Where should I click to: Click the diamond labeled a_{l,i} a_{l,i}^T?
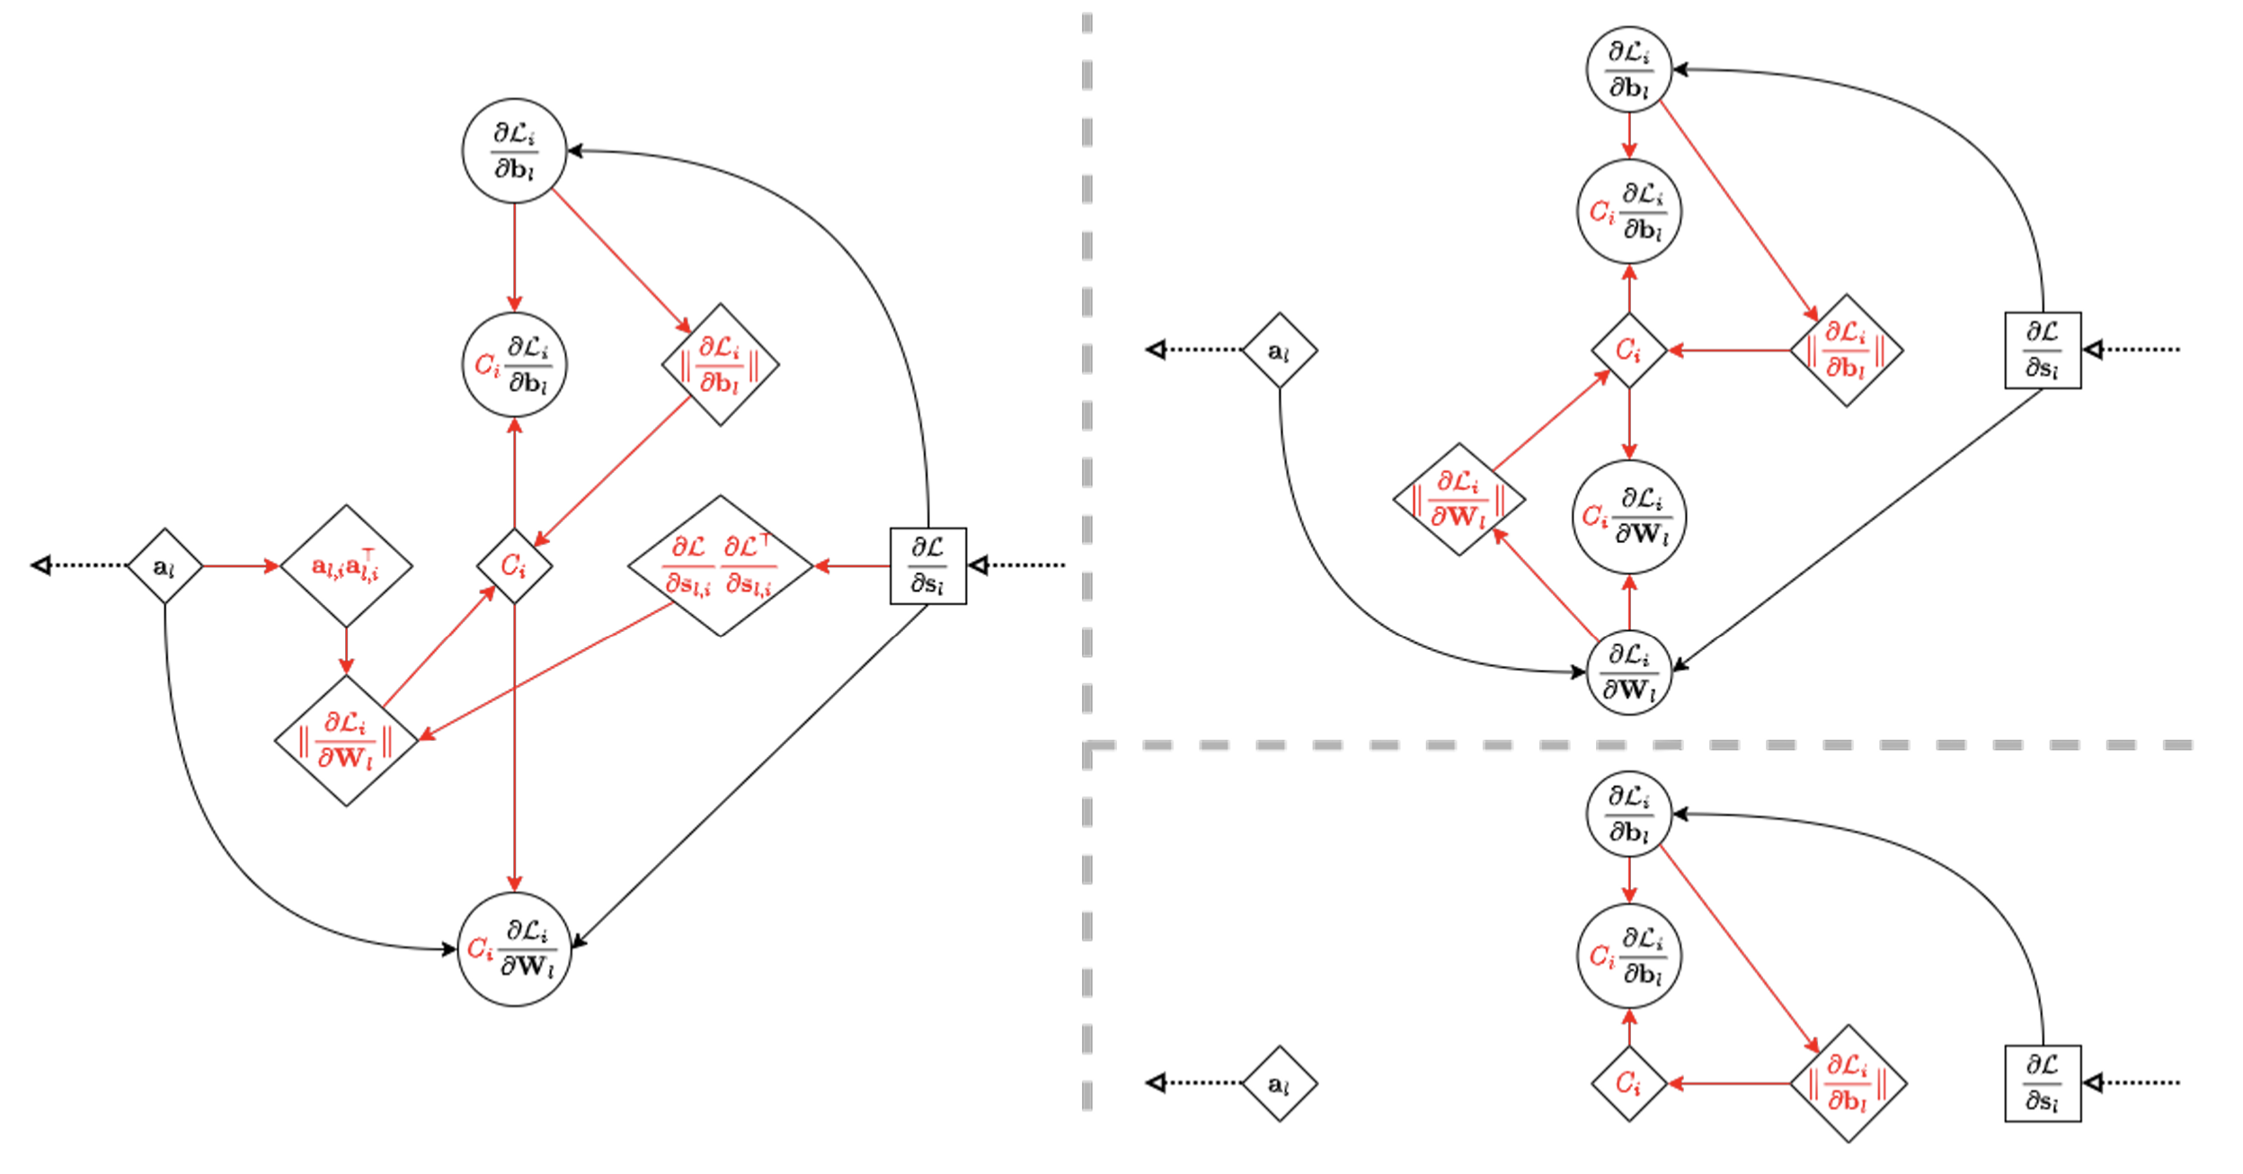[346, 565]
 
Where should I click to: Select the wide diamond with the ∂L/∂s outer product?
[720, 565]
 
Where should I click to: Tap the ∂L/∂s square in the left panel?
[927, 565]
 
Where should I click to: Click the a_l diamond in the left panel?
[164, 565]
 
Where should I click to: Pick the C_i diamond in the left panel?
[514, 565]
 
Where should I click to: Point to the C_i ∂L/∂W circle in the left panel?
[514, 948]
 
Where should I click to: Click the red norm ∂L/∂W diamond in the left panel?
[346, 741]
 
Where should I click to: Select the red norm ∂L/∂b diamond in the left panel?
[720, 364]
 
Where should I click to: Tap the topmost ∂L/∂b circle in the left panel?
[514, 150]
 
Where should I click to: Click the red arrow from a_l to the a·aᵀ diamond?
[241, 565]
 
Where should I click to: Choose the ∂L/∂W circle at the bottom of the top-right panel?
[1628, 672]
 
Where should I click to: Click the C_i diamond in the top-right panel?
[1628, 350]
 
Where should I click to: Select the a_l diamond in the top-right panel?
[1279, 350]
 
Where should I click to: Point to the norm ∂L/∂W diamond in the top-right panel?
[1458, 499]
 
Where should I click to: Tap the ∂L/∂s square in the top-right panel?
[2043, 350]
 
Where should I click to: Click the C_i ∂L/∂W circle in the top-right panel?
[1628, 517]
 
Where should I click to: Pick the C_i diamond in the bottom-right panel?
[1628, 1083]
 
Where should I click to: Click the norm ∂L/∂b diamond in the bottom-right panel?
[1848, 1083]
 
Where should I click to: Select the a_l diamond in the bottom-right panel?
[1279, 1083]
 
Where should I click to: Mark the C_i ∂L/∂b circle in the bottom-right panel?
[1628, 956]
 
